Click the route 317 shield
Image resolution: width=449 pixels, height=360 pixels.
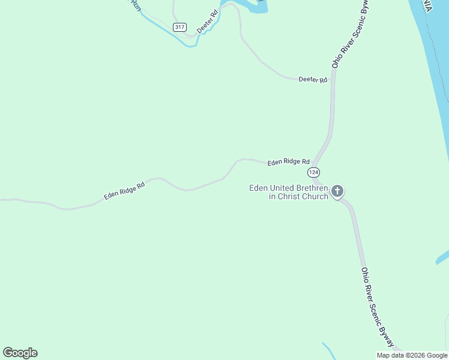[179, 27]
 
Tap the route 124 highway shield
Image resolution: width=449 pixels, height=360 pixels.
[313, 172]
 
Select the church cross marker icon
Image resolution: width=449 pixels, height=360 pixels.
[337, 191]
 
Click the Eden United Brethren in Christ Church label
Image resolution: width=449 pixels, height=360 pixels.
[289, 192]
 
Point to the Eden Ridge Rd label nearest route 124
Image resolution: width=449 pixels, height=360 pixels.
[288, 161]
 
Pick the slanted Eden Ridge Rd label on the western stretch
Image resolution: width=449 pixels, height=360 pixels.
[124, 191]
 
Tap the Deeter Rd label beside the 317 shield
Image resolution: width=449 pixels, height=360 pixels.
[206, 21]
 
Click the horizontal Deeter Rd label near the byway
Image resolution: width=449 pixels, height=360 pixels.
[313, 80]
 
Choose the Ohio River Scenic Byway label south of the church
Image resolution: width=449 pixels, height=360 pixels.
[378, 306]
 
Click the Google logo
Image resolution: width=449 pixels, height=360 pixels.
[20, 353]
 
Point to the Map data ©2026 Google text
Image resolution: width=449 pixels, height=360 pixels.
[412, 355]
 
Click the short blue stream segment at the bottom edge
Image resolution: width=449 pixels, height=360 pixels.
[329, 350]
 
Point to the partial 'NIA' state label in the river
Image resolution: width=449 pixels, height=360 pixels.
[427, 6]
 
